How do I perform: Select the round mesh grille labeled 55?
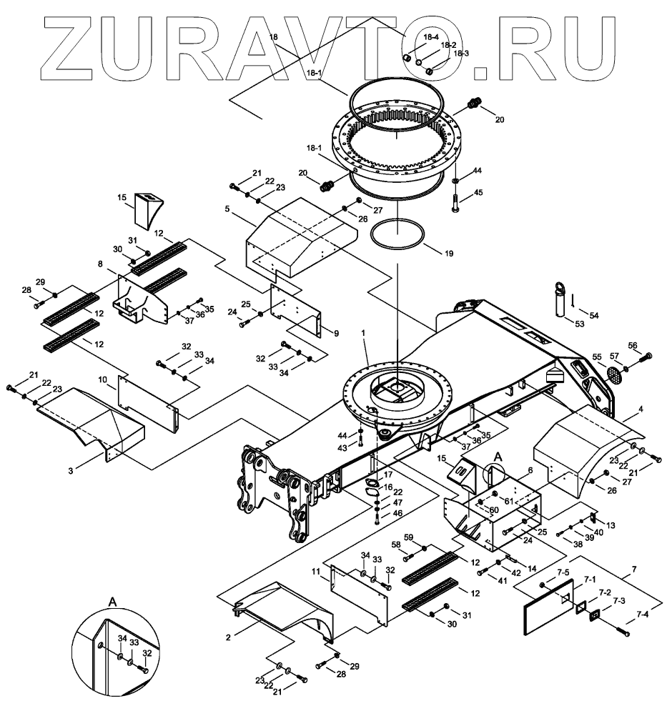613,372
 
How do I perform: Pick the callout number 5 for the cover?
226,210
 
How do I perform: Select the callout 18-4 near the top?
430,37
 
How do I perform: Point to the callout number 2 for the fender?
228,636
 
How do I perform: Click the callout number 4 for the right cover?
641,409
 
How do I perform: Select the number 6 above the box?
529,470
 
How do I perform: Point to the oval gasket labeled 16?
372,491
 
